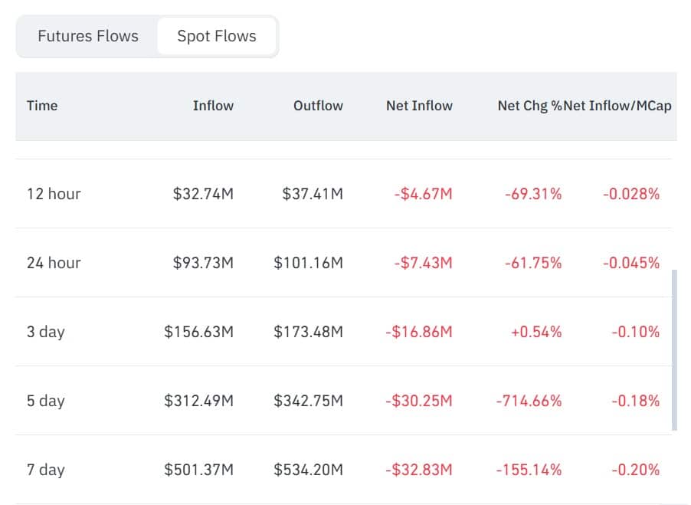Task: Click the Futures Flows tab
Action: coord(88,36)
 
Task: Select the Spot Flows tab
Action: coord(216,36)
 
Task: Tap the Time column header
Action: coord(42,106)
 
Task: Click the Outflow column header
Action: coord(318,106)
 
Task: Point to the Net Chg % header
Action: coord(529,106)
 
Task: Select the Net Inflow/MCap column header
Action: coord(617,106)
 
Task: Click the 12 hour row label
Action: coord(54,194)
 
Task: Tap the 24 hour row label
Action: coord(54,263)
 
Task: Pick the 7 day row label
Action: coord(46,470)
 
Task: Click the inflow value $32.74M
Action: coord(203,194)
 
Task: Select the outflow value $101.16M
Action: coord(309,263)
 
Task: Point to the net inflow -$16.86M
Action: coord(419,332)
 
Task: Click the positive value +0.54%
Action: coord(536,332)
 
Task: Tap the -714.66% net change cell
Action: coord(529,401)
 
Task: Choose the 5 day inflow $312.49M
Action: coord(198,401)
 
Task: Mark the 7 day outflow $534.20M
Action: coord(309,470)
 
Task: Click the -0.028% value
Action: coord(631,194)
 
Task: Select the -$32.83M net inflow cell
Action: coord(419,470)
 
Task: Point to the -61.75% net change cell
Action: coord(533,263)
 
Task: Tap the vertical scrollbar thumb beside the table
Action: coord(674,350)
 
